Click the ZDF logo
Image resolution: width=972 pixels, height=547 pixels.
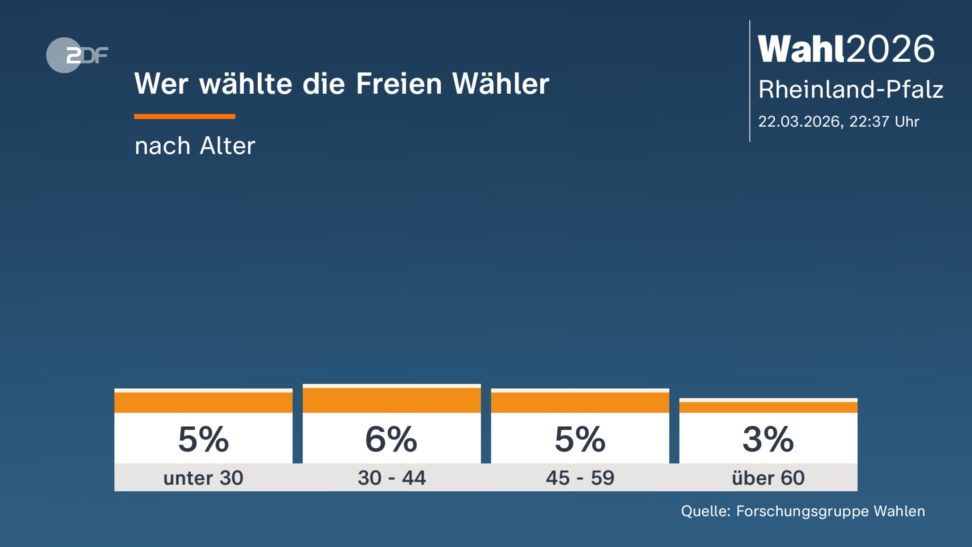pos(77,55)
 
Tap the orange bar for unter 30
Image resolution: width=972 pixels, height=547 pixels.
pos(203,402)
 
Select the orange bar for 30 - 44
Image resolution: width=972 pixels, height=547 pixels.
pos(392,400)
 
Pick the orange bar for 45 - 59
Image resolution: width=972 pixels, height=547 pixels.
pos(580,402)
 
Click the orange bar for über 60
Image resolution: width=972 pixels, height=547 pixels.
pos(768,407)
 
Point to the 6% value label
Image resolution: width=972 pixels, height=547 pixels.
pos(391,440)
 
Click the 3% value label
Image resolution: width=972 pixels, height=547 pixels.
pos(768,440)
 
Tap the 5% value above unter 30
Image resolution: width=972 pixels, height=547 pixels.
pos(203,440)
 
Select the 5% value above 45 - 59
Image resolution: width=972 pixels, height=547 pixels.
pos(580,440)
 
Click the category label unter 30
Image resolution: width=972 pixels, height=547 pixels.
pos(203,478)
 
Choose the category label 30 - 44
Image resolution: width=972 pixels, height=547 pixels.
pos(392,478)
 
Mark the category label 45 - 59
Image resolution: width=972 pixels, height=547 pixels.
pos(580,478)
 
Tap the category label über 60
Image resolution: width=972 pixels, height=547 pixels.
pos(768,478)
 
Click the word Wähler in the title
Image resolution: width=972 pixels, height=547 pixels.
pos(501,84)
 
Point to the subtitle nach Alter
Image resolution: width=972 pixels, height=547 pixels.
pos(195,146)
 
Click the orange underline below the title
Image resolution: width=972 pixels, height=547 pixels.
pos(185,117)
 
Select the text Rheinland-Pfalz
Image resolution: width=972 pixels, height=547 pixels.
pos(850,90)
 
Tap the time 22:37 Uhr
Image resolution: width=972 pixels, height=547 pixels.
pos(884,122)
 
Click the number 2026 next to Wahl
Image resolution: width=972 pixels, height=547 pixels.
pos(890,49)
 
